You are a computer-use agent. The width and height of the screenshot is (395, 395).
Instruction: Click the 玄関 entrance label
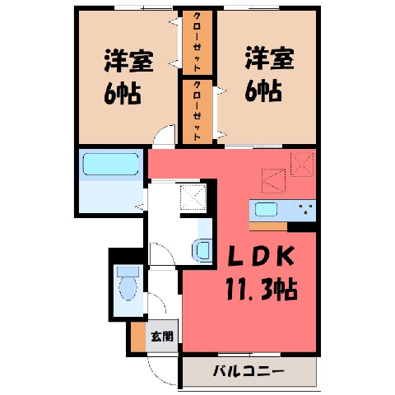(162, 337)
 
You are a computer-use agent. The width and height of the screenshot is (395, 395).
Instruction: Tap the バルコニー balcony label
(249, 372)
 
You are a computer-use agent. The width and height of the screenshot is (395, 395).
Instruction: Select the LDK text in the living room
(262, 256)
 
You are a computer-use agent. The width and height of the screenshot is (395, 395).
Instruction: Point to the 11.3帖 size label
(262, 289)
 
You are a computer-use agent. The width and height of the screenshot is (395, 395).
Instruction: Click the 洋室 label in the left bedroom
(128, 61)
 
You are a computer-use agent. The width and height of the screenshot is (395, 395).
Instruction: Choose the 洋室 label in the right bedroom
(270, 58)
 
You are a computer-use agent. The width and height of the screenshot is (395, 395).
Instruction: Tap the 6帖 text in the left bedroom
(123, 93)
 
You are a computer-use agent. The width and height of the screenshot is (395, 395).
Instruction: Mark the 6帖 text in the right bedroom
(263, 91)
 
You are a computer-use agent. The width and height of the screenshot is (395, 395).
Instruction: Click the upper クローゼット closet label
(197, 42)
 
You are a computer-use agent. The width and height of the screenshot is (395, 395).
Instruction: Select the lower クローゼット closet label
(197, 110)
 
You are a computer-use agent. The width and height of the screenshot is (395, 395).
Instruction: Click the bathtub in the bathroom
(110, 164)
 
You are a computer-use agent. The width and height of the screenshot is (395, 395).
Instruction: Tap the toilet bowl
(128, 284)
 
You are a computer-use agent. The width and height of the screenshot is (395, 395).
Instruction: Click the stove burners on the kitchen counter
(305, 209)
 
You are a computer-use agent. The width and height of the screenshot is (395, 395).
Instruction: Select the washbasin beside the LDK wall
(202, 250)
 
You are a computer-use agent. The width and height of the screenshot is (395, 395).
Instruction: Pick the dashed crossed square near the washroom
(193, 197)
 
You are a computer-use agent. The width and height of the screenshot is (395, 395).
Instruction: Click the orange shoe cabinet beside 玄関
(138, 337)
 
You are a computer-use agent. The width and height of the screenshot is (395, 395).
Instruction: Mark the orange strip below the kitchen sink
(268, 226)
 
